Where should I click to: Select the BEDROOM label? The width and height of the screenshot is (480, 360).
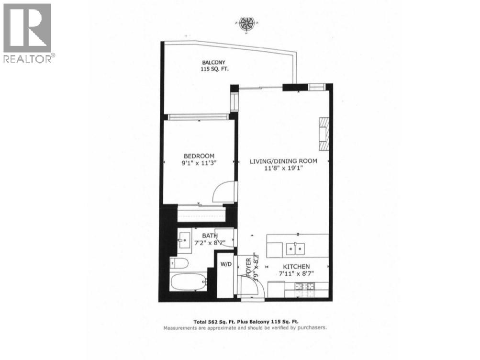199,156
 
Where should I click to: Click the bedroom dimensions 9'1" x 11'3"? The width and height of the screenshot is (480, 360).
199,163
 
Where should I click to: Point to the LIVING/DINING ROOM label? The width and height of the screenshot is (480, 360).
283,161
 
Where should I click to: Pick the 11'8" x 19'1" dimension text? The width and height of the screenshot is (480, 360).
283,169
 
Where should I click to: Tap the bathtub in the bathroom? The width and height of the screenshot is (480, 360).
189,282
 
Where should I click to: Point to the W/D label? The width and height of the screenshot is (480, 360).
226,264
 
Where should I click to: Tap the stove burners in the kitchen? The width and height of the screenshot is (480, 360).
305,286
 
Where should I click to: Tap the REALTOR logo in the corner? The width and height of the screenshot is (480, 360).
28,33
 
